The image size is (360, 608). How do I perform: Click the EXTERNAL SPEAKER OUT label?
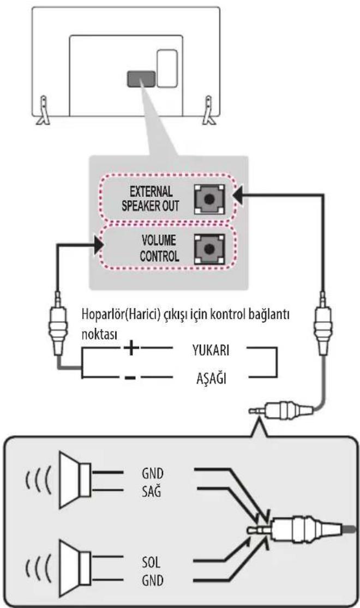tap(151, 198)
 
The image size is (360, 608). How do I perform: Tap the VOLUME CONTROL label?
tap(159, 248)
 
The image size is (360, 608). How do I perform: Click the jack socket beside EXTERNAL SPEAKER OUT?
tap(209, 199)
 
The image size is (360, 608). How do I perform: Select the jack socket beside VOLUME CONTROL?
tap(209, 249)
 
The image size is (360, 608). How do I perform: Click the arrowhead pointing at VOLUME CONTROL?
tap(98, 245)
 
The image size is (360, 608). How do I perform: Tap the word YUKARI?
tap(211, 350)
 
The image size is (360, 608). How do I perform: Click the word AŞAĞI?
tap(212, 378)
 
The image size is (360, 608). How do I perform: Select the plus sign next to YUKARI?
tap(131, 347)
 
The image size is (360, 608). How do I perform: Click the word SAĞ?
tap(151, 492)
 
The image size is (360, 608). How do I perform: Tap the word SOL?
tap(151, 562)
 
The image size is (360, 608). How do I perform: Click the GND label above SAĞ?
tap(153, 473)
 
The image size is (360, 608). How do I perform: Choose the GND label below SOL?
tap(153, 581)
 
